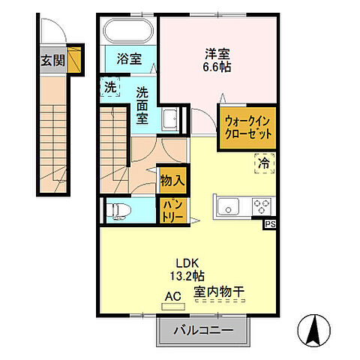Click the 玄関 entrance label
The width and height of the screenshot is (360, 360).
(52, 59)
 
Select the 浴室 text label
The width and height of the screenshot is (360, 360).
(129, 58)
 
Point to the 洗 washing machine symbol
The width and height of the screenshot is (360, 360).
(109, 88)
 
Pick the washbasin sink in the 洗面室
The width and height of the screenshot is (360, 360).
(170, 118)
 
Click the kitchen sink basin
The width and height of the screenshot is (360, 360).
(228, 205)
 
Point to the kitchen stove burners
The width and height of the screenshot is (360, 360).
(263, 205)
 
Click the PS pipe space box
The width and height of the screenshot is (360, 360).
(268, 223)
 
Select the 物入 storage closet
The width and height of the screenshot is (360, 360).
(172, 180)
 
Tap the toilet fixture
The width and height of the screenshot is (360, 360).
(120, 210)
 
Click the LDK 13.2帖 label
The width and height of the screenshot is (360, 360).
(191, 269)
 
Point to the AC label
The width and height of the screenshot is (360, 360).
(172, 296)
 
